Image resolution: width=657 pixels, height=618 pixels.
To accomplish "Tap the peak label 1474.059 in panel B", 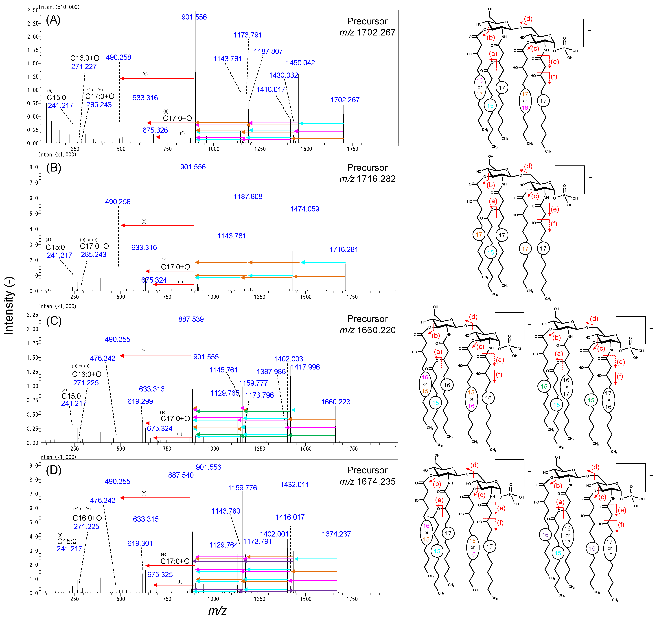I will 304,209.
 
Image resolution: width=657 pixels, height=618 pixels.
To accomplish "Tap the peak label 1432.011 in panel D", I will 294,485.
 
